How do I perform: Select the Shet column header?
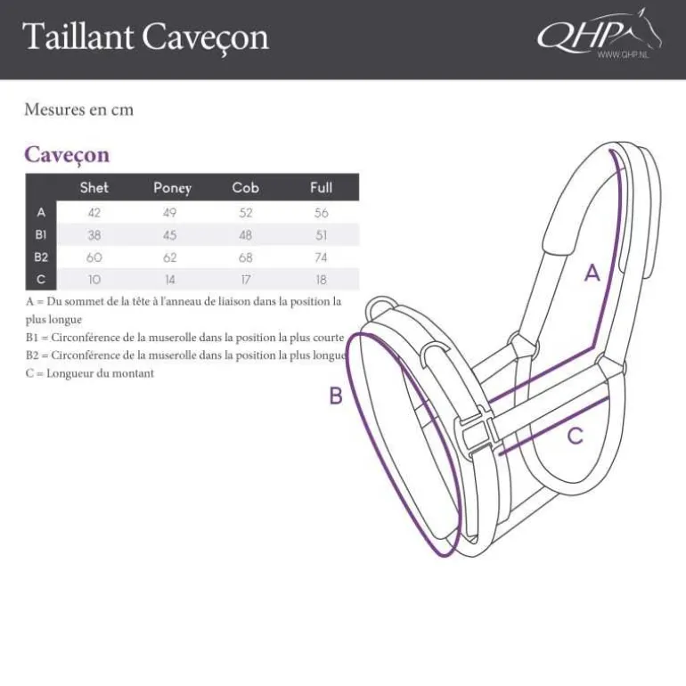click(94, 187)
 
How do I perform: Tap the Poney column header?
click(172, 188)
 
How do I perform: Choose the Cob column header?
click(245, 187)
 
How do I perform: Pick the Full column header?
click(321, 187)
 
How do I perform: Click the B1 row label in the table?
click(40, 235)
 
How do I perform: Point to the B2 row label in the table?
click(41, 257)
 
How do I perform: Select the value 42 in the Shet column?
click(94, 213)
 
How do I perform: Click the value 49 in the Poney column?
click(169, 213)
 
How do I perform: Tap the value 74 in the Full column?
click(322, 257)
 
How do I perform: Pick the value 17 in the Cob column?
click(245, 280)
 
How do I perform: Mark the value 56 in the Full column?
click(322, 213)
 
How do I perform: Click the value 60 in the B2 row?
click(94, 257)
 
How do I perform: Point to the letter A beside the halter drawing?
click(592, 274)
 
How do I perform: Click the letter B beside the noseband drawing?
click(336, 396)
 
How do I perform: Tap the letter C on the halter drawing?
click(576, 436)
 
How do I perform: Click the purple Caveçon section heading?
click(67, 154)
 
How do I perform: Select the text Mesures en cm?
click(78, 110)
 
